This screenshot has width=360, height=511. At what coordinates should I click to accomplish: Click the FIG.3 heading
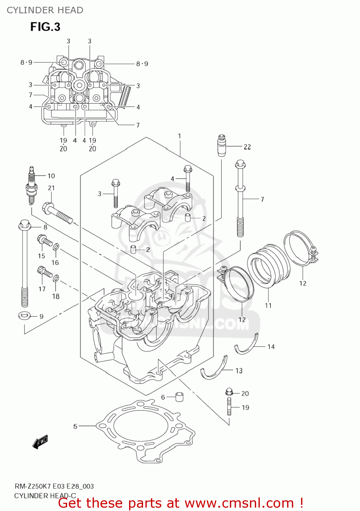pyautogui.click(x=45, y=27)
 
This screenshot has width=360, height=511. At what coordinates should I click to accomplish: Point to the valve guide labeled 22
pyautogui.click(x=222, y=145)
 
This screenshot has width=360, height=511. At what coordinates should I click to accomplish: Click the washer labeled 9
pyautogui.click(x=24, y=315)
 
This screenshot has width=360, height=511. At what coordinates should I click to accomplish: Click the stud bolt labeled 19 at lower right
pyautogui.click(x=229, y=407)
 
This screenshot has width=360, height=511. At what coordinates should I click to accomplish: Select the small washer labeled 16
pyautogui.click(x=56, y=247)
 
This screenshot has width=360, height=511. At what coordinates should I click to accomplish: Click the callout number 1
pyautogui.click(x=179, y=136)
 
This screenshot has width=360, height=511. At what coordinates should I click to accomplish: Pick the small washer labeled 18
pyautogui.click(x=56, y=278)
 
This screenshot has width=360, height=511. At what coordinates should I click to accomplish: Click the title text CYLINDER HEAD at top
pyautogui.click(x=45, y=10)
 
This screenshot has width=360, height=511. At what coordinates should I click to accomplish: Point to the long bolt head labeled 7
pyautogui.click(x=240, y=165)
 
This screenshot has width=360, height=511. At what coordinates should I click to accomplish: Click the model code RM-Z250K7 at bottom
pyautogui.click(x=33, y=486)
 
